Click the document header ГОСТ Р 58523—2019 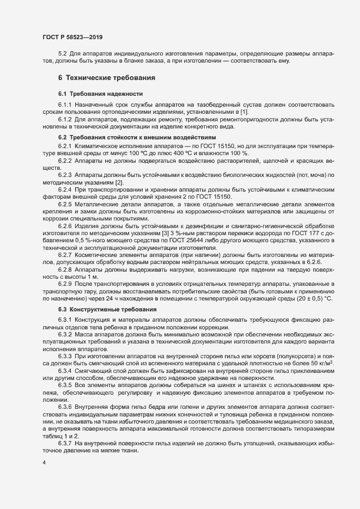72,37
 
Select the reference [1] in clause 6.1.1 214,111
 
